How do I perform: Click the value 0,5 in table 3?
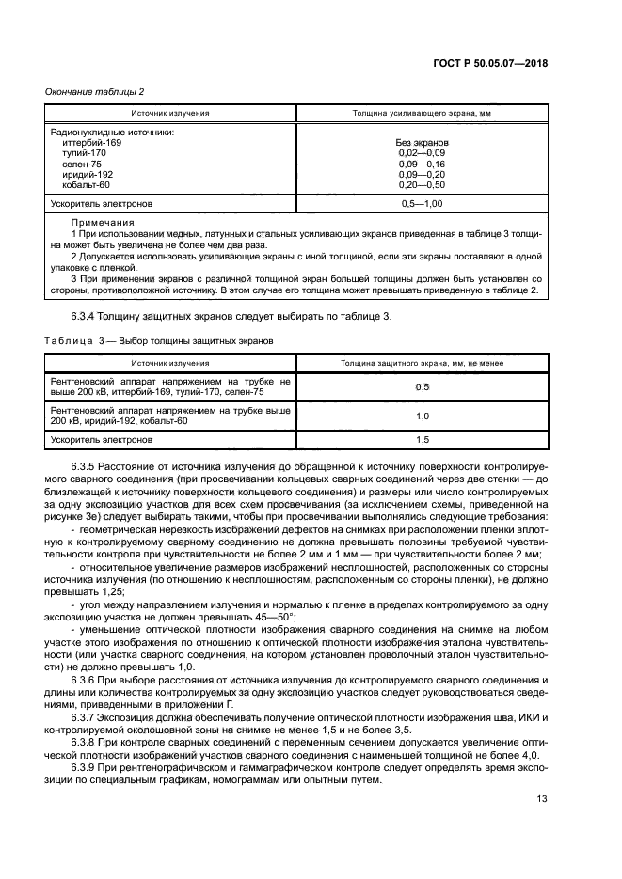click(x=422, y=386)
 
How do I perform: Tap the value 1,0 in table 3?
click(x=422, y=416)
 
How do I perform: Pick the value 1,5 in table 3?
click(x=422, y=439)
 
